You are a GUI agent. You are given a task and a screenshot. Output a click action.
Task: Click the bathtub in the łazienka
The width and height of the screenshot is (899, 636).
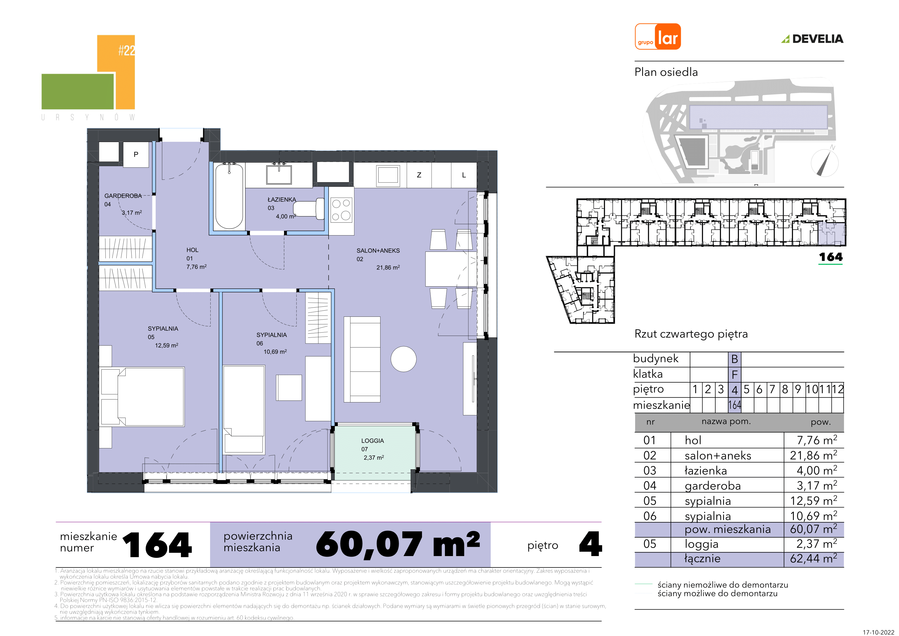(x=229, y=196)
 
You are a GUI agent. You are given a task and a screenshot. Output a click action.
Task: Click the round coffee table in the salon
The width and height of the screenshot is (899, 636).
(x=403, y=359)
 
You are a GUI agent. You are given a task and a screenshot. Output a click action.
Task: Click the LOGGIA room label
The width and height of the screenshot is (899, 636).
(x=372, y=441)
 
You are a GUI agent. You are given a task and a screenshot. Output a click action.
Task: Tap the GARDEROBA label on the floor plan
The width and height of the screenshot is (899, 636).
(x=123, y=196)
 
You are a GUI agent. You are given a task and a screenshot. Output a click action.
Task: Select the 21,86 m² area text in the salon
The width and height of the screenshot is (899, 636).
(x=388, y=267)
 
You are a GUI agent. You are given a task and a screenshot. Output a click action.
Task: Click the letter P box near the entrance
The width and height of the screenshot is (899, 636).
(x=136, y=154)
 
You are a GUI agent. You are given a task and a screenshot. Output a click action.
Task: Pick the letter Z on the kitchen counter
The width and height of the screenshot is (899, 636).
(x=419, y=175)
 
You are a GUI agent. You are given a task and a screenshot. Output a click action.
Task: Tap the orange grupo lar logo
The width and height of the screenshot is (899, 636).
(x=658, y=36)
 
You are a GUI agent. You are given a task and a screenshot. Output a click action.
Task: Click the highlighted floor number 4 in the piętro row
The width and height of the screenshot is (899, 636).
(x=735, y=390)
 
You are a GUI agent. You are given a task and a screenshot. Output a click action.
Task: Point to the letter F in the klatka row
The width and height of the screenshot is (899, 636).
(x=735, y=375)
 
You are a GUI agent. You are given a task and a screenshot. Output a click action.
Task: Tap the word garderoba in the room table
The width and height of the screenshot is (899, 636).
(x=713, y=486)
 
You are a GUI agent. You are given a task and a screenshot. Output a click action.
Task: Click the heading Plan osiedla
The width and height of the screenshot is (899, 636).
(x=666, y=72)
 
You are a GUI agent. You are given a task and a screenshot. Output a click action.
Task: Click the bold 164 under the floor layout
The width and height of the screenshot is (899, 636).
(x=831, y=257)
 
